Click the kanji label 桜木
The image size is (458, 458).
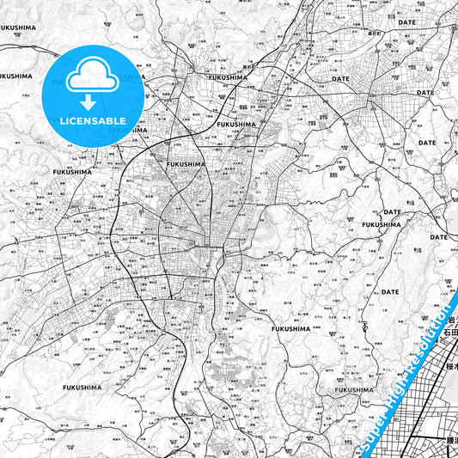click(452, 366)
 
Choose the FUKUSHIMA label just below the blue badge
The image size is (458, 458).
click(74, 173)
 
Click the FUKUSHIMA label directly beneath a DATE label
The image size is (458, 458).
click(381, 224)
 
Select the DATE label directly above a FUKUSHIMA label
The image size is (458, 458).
click(392, 211)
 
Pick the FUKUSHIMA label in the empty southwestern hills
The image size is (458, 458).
click(82, 388)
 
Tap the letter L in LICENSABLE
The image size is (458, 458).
click(63, 121)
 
